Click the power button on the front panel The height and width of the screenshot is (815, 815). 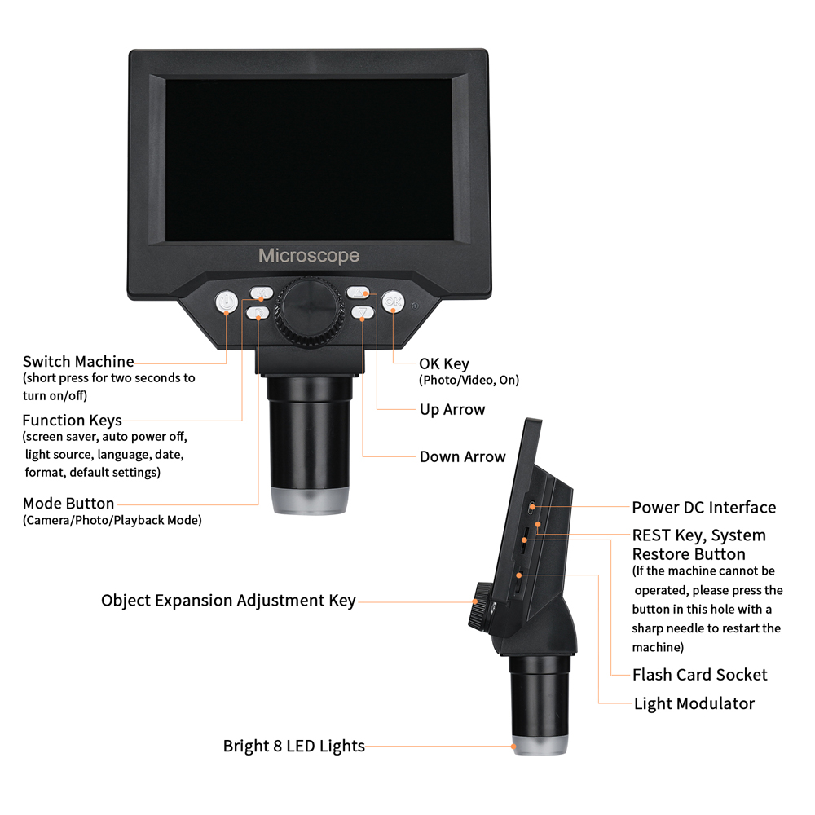[226, 303]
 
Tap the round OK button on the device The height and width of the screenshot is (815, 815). [393, 302]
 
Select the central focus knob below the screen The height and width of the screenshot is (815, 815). [310, 311]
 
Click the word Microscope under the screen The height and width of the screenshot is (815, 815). [309, 256]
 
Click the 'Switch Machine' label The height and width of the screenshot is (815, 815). [78, 361]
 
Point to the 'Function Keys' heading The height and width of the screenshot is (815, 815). [73, 421]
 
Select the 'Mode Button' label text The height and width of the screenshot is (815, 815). [68, 504]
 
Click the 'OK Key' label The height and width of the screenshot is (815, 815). [444, 363]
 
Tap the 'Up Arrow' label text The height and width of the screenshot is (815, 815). [452, 410]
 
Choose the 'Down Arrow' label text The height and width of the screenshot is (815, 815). [463, 457]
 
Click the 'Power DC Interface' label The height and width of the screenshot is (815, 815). [704, 508]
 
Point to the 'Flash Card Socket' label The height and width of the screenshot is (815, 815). [700, 675]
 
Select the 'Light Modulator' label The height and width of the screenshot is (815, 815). [694, 703]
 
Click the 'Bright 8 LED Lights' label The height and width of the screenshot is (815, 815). [294, 746]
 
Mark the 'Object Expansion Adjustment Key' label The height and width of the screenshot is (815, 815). [228, 601]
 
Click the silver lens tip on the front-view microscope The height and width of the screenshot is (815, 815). [310, 502]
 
